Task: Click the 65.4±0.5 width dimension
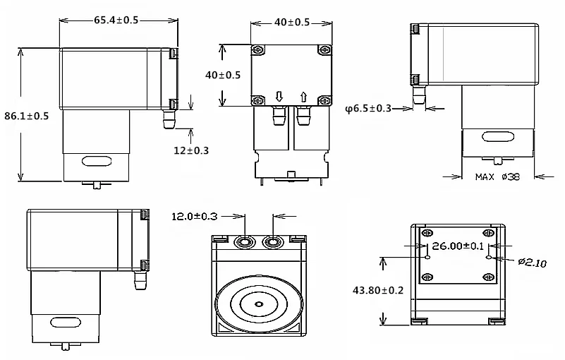pyautogui.click(x=116, y=20)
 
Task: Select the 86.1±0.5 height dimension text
pyautogui.click(x=26, y=116)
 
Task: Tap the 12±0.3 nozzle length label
pyautogui.click(x=191, y=150)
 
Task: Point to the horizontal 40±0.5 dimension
pyautogui.click(x=292, y=23)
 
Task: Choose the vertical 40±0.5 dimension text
pyautogui.click(x=223, y=75)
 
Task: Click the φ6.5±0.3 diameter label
pyautogui.click(x=368, y=108)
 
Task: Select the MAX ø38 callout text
pyautogui.click(x=497, y=176)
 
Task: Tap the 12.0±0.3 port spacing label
pyautogui.click(x=195, y=217)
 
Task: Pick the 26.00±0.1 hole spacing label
pyautogui.click(x=458, y=246)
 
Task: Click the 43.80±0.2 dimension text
pyautogui.click(x=378, y=290)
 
